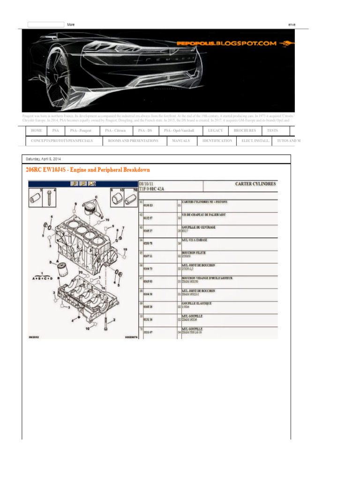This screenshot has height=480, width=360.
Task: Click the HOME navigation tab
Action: [x=37, y=130]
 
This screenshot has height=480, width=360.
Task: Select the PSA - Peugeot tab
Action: [x=81, y=130]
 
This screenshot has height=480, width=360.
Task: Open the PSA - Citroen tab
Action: [x=115, y=130]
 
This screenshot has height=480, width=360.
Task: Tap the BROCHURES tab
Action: [x=245, y=130]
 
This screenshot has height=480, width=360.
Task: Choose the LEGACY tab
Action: [x=215, y=130]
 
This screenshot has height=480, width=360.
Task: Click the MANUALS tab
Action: [x=181, y=141]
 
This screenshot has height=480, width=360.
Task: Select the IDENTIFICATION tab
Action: [x=217, y=141]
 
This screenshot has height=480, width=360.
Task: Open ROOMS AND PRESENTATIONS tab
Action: [x=133, y=141]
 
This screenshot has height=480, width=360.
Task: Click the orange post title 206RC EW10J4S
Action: [x=88, y=170]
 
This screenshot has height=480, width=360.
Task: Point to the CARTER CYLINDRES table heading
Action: [x=255, y=184]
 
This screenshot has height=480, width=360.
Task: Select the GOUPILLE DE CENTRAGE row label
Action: [x=199, y=227]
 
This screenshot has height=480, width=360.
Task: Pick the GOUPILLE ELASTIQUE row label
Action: [x=196, y=303]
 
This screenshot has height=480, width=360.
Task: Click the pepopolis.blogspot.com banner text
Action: [x=226, y=43]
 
